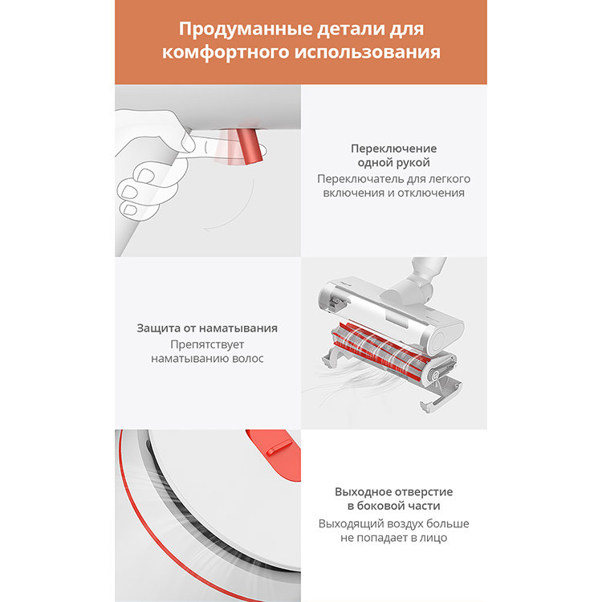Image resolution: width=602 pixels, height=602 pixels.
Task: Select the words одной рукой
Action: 393,163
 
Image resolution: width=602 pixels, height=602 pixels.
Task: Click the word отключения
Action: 434,193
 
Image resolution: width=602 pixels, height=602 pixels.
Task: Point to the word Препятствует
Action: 207,344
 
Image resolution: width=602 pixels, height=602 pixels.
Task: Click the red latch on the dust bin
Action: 270,441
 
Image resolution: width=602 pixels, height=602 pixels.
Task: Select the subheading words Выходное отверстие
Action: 393,491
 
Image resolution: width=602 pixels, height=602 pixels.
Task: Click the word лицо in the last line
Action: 433,538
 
